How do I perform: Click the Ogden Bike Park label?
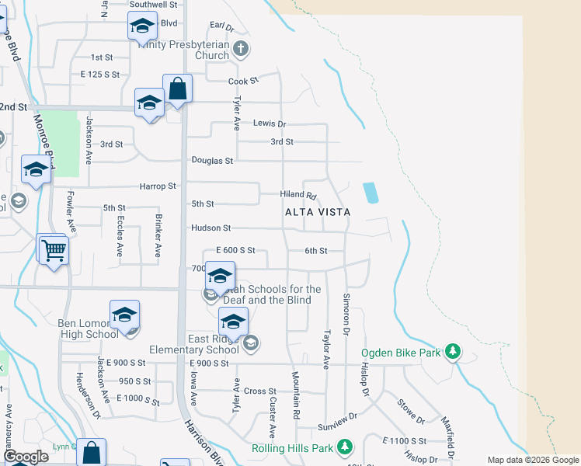[x=400, y=353]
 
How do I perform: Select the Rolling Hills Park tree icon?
[x=345, y=448]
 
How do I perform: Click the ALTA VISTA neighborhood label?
[x=318, y=211]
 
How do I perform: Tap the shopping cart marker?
[x=54, y=251]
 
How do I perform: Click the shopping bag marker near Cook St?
[x=177, y=89]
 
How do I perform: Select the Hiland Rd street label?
[x=299, y=195]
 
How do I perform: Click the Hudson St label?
[x=211, y=228]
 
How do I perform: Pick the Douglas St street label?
[x=213, y=161]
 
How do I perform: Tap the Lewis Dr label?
[x=270, y=123]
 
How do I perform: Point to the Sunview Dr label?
[x=336, y=428]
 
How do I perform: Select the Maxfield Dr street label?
[x=449, y=436]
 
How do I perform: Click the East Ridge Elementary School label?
[x=214, y=344]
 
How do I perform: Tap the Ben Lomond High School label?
[x=89, y=329]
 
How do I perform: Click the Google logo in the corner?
[x=26, y=457]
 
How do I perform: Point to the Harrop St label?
[x=158, y=186]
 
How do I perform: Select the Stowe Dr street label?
[x=411, y=412]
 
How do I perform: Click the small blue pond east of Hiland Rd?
[x=371, y=193]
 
